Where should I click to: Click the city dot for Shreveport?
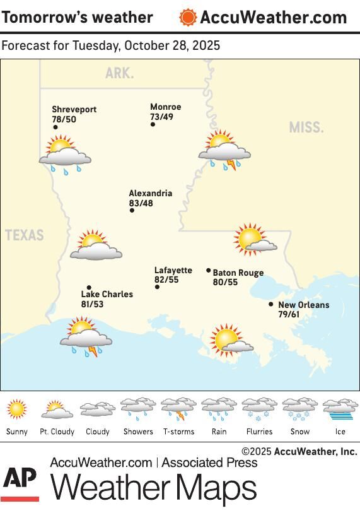tap(55, 127)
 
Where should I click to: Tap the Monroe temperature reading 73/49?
tap(161, 117)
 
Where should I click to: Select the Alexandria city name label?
tap(150, 194)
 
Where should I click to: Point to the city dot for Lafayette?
tap(157, 287)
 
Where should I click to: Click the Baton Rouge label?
tap(238, 273)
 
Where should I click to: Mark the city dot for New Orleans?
tap(271, 304)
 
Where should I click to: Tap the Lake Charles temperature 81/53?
tap(92, 304)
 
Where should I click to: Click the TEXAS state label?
tap(25, 235)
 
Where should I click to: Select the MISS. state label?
tap(306, 127)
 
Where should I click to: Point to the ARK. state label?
tap(119, 73)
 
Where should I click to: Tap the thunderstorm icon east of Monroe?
tap(224, 150)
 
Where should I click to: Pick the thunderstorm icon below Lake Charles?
tap(86, 338)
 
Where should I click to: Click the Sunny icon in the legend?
tap(17, 410)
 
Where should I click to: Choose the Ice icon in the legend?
tap(340, 410)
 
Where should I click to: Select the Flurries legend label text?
tap(259, 432)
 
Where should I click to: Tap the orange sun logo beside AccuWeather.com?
tap(187, 18)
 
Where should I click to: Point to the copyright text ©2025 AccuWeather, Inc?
tap(299, 451)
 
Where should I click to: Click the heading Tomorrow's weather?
tap(77, 17)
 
